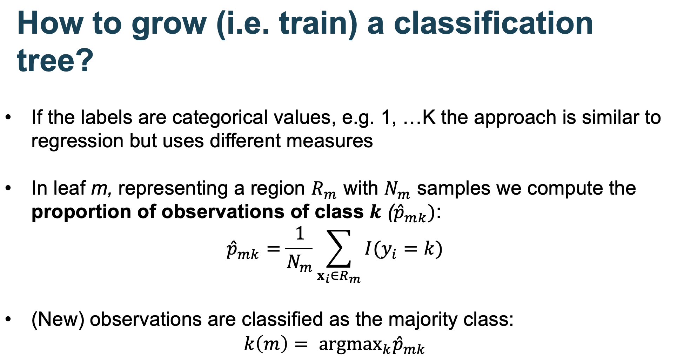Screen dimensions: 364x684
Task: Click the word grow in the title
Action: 169,24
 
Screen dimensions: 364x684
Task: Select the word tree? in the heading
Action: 55,60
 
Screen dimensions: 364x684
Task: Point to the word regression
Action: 77,141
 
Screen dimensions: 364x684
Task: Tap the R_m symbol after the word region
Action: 324,190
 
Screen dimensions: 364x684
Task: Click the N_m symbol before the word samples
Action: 397,190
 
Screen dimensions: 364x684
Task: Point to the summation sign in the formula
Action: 338,249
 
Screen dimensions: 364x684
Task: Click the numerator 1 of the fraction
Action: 300,234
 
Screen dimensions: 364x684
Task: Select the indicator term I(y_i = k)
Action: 403,249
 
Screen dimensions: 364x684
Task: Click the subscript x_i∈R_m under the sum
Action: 338,277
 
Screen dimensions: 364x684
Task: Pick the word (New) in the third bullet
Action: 58,319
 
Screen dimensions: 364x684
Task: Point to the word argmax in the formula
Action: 349,344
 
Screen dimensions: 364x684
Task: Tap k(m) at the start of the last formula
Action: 266,344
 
